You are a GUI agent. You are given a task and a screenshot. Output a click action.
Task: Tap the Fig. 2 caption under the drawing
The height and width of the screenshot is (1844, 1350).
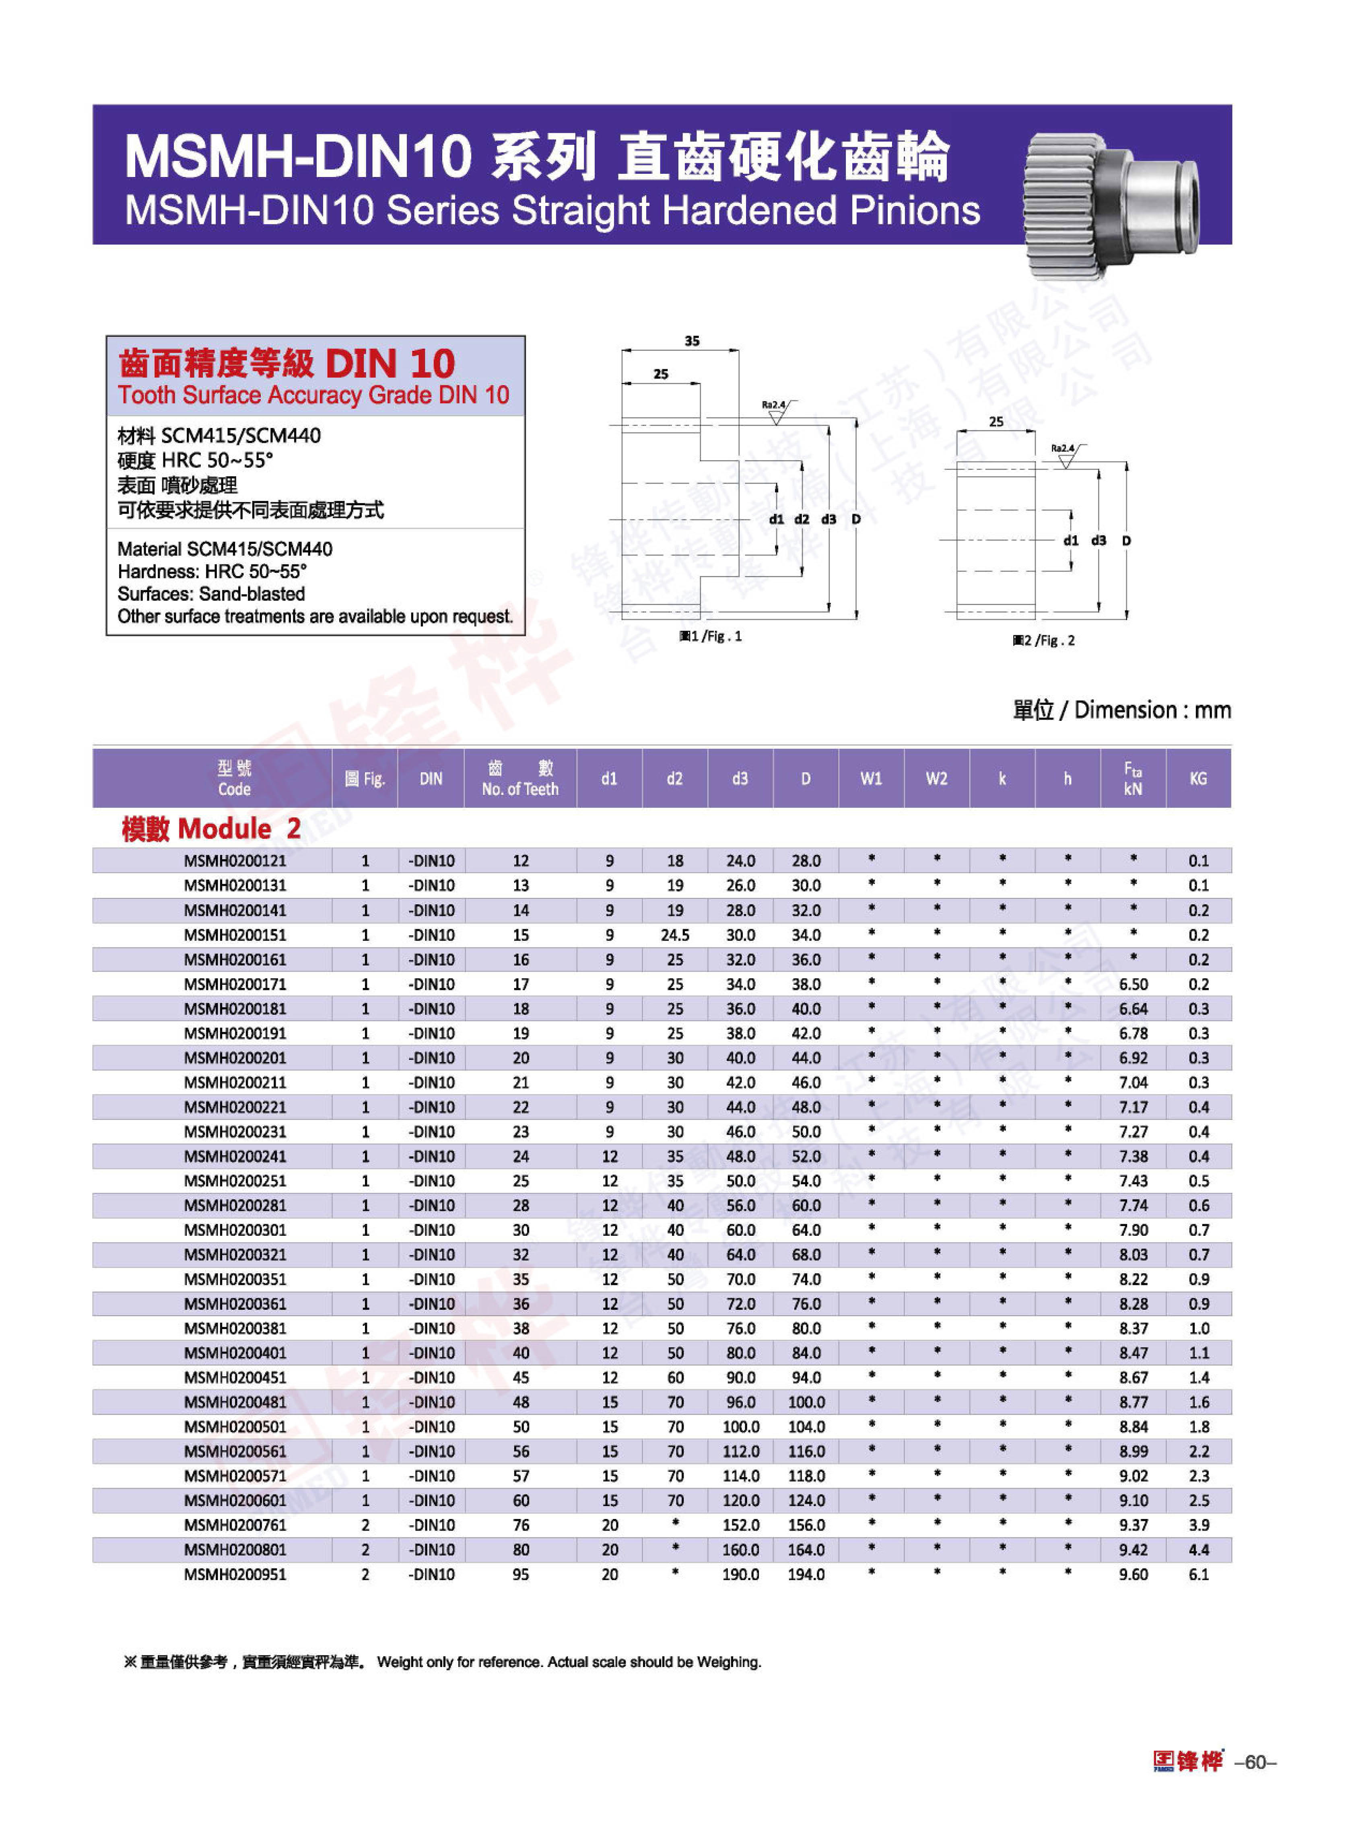1043,640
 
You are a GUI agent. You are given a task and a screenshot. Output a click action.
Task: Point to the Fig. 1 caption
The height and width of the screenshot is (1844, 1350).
710,636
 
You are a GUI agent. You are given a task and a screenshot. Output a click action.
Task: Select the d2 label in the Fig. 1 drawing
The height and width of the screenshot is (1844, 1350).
802,519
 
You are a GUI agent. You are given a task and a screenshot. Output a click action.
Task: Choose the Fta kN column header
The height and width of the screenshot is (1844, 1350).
1133,779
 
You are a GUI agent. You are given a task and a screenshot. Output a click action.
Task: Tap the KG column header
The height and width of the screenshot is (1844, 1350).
1198,779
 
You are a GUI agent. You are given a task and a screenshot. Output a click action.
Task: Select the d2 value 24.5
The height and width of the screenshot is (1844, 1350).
675,934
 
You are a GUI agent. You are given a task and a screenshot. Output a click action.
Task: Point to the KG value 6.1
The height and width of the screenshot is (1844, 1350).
1198,1574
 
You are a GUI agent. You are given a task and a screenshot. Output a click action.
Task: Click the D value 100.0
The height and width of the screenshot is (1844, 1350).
806,1402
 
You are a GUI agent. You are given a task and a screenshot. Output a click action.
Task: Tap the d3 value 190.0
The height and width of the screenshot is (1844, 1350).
740,1574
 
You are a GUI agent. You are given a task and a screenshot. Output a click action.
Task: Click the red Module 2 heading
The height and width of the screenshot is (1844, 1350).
211,829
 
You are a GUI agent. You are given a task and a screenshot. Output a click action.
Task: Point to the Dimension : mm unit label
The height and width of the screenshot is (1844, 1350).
1121,710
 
